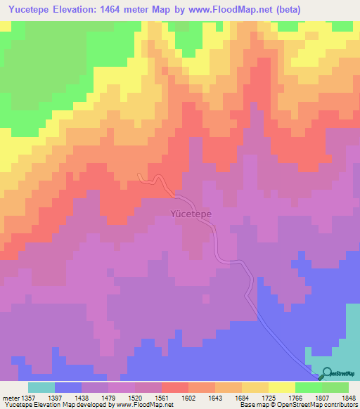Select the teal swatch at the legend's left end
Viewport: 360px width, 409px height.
point(41,387)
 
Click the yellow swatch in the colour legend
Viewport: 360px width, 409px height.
point(281,387)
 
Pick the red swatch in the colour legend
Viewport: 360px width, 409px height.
point(174,387)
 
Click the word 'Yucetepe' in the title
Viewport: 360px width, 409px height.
point(28,10)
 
